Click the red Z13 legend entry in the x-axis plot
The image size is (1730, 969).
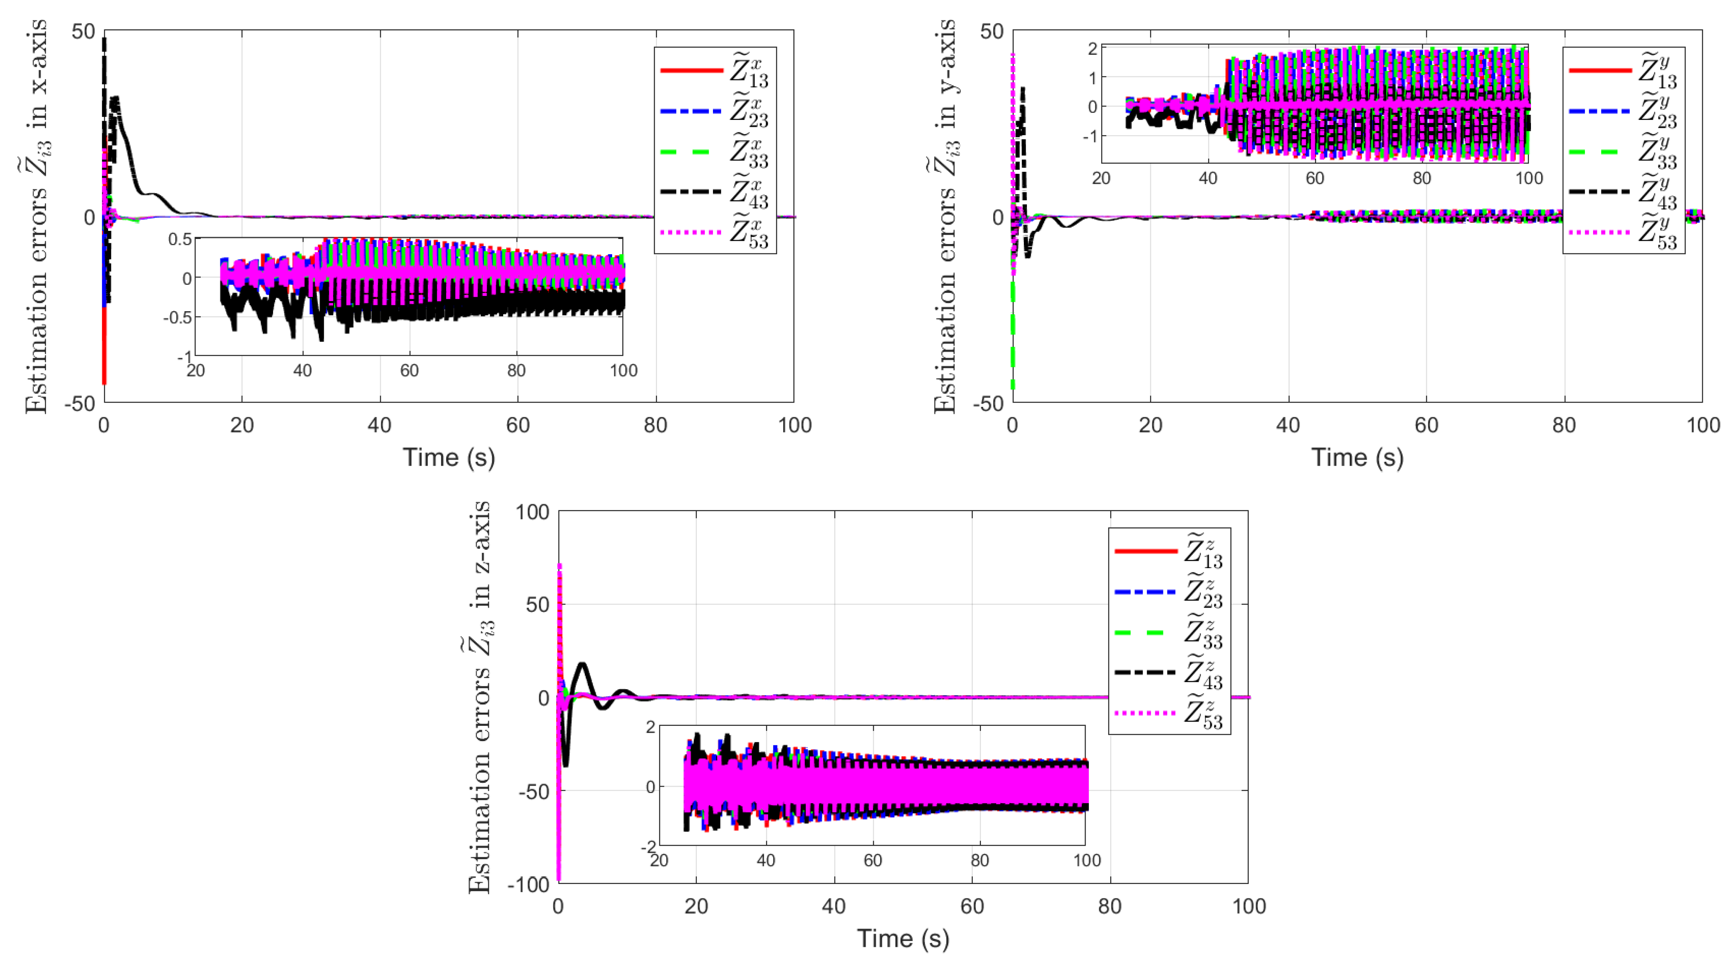(715, 71)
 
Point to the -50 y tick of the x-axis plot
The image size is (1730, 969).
(80, 404)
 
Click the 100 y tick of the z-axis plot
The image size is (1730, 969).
(532, 512)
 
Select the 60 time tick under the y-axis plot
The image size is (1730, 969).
(1426, 425)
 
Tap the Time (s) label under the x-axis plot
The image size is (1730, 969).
(449, 458)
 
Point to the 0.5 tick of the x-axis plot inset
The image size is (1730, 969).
(180, 240)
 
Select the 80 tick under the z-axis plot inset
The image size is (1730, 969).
(979, 860)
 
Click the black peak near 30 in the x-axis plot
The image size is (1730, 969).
(116, 99)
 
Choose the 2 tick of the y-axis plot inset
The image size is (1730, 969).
(1092, 48)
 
